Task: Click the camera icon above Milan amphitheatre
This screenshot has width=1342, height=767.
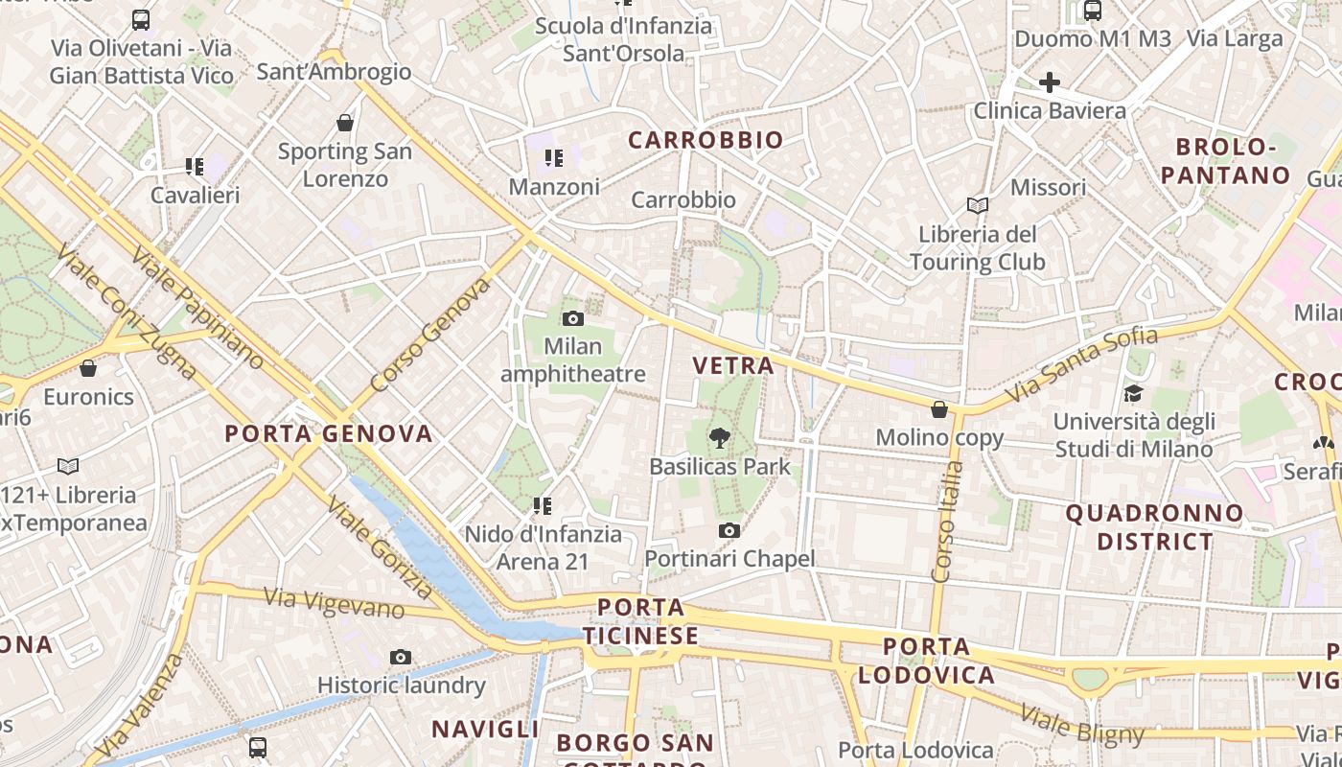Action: (573, 318)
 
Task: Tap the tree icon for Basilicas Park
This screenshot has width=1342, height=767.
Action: (719, 439)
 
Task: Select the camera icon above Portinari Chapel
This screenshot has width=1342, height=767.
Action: (729, 530)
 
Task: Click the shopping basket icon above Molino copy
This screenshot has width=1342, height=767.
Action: (939, 409)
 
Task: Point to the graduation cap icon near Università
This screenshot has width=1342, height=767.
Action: (1134, 393)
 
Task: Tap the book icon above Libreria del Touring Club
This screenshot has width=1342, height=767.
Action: (978, 205)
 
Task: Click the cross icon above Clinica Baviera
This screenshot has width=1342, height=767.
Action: (1050, 82)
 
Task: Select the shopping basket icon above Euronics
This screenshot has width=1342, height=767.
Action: (88, 368)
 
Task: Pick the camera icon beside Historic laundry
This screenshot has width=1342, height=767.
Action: (401, 657)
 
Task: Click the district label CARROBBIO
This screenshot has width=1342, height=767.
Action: (706, 140)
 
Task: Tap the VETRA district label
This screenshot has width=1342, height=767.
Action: (732, 365)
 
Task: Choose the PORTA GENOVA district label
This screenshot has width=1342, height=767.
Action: (329, 433)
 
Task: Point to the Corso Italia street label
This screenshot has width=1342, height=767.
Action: (946, 522)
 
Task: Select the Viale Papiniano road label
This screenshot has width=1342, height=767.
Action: (197, 307)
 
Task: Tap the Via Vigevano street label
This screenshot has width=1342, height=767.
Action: (334, 603)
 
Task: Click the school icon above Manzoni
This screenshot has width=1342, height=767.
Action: (553, 157)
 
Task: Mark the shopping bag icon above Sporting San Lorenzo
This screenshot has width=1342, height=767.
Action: (345, 123)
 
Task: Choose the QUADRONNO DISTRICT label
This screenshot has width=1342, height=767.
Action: (1155, 526)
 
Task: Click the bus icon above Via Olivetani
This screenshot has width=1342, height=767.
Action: (141, 19)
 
